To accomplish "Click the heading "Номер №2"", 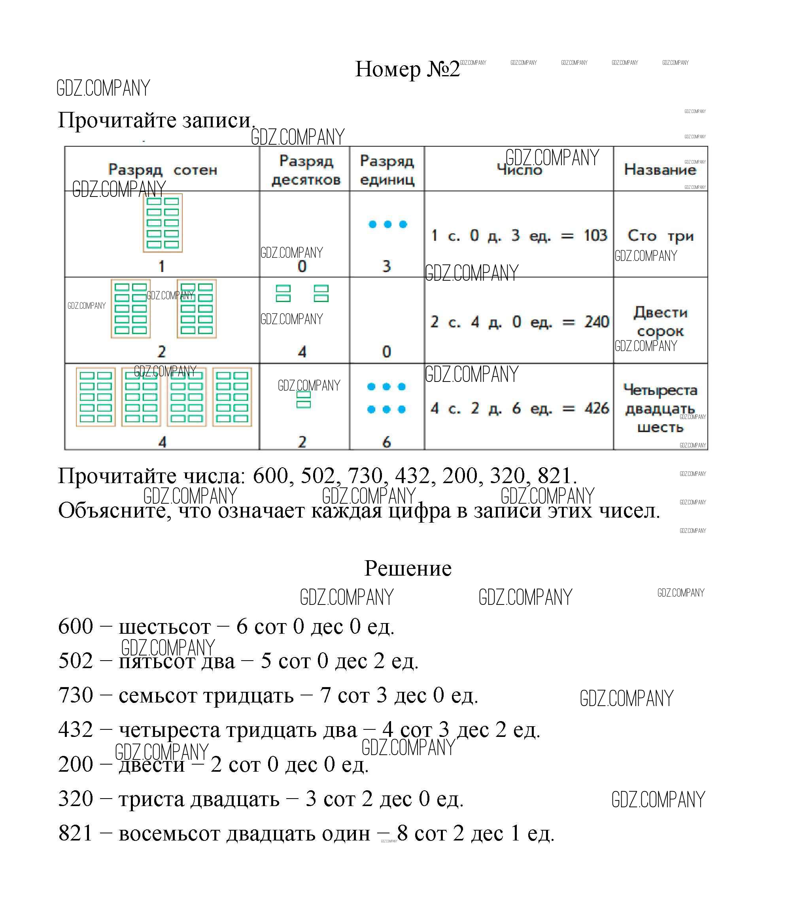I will coord(407,70).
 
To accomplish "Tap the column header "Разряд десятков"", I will coord(306,170).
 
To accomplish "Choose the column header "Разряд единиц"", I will coord(387,170).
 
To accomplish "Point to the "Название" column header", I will coord(660,169).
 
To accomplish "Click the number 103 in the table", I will coord(595,236).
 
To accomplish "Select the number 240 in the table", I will coord(596,322).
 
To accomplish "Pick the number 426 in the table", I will coord(596,408).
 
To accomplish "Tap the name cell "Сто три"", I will coord(660,236).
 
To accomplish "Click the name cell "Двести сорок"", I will coord(660,322).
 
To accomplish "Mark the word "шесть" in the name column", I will coord(660,427).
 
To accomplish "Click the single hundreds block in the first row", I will coord(163,223).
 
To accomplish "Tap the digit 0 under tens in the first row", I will coord(302,266).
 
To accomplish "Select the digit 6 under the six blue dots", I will coord(386,442).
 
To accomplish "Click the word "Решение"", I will coord(407,568).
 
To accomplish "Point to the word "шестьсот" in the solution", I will coord(164,627).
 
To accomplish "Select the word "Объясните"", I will coord(115,510).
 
